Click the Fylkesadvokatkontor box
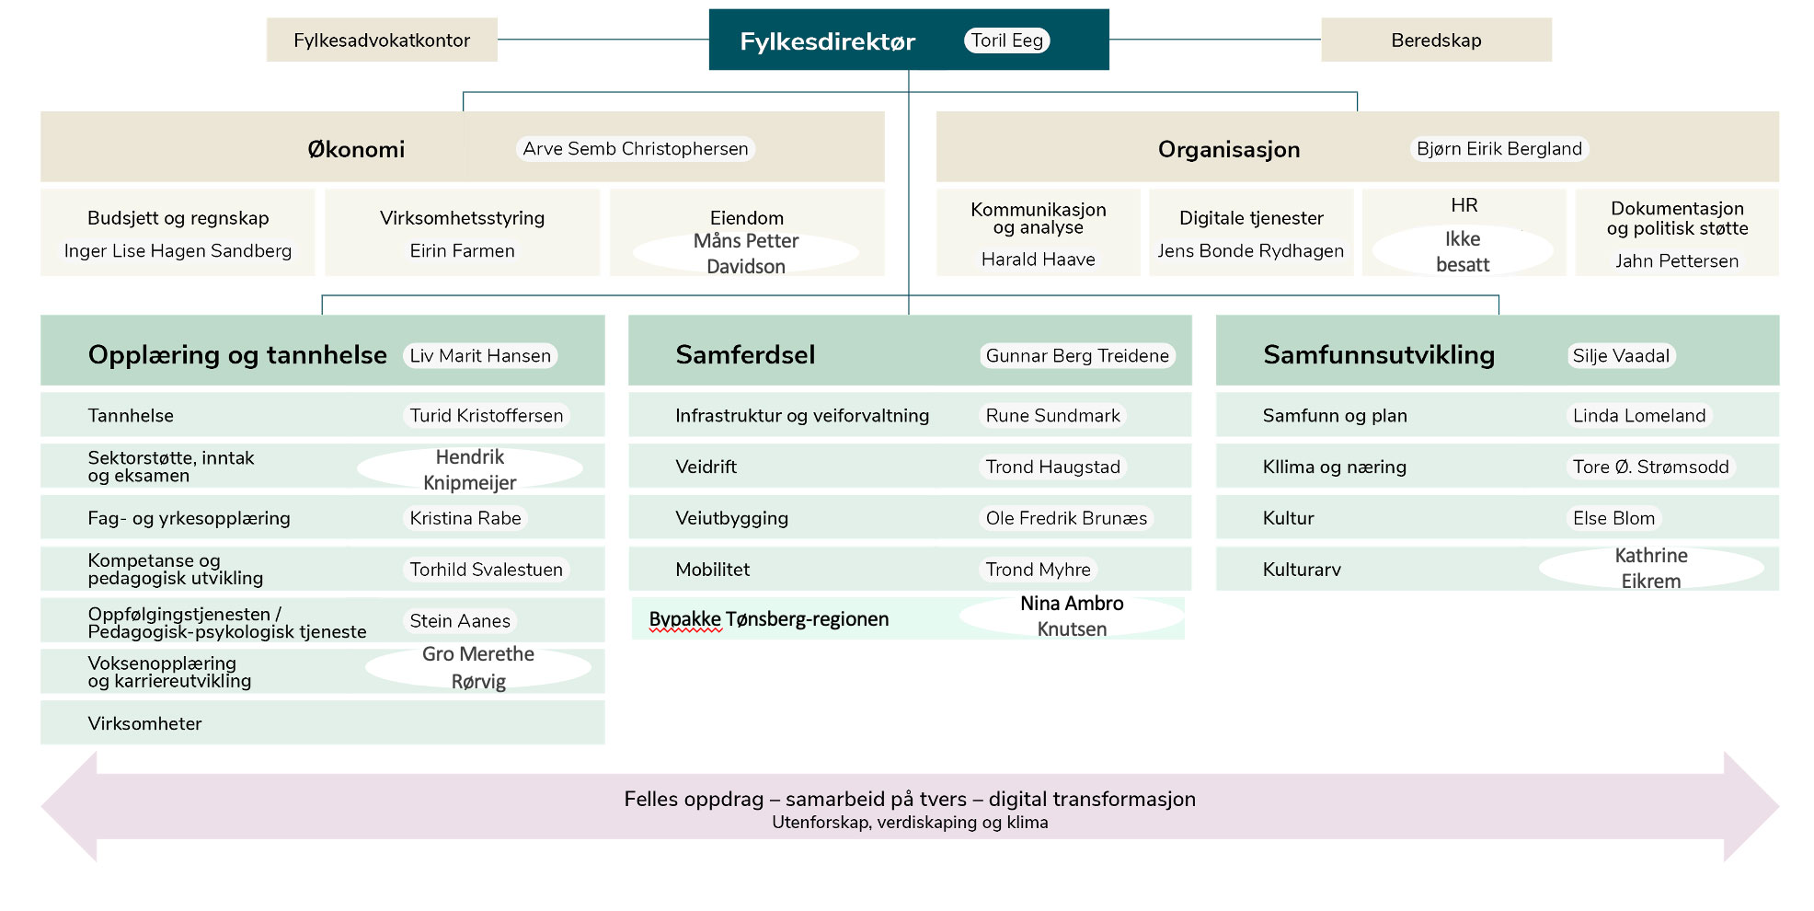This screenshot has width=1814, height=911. click(x=382, y=40)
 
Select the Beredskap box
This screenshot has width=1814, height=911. click(x=1436, y=40)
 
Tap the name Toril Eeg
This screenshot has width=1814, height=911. click(x=1007, y=40)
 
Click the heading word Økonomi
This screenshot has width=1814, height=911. click(x=356, y=149)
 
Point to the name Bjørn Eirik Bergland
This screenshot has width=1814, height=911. click(x=1499, y=149)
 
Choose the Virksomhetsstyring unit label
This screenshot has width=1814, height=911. click(x=462, y=218)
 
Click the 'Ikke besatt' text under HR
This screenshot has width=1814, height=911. click(x=1463, y=251)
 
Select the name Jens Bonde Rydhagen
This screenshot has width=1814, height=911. click(x=1250, y=250)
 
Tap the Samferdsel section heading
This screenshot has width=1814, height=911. click(x=745, y=355)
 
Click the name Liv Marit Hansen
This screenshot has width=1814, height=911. click(x=480, y=356)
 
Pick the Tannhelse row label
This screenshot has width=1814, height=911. click(x=131, y=416)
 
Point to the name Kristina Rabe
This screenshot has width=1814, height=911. click(x=465, y=518)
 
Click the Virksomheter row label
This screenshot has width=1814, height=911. click(x=144, y=723)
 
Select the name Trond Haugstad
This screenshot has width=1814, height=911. click(x=1053, y=467)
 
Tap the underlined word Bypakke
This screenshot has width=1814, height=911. click(x=685, y=620)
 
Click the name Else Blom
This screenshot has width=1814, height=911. click(x=1613, y=518)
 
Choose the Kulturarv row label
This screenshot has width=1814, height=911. click(x=1302, y=570)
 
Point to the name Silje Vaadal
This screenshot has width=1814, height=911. click(x=1621, y=356)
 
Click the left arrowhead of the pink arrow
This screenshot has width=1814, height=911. click(x=69, y=806)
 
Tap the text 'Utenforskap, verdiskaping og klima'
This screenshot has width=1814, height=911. click(x=910, y=823)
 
